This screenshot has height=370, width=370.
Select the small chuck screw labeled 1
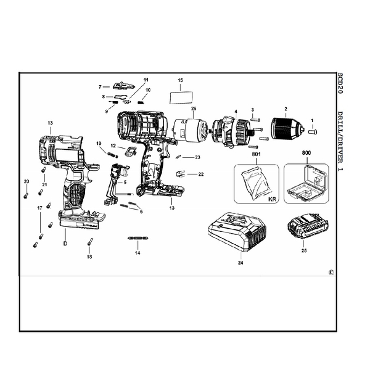[x=312, y=131]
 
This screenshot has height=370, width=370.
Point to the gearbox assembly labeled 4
[x=228, y=132]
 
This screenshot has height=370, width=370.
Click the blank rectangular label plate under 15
[x=180, y=97]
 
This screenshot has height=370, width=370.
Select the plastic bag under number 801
[x=254, y=183]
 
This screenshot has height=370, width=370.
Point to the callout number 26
[x=193, y=109]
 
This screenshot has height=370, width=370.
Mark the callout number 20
[x=27, y=181]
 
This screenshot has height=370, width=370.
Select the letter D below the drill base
[x=64, y=242]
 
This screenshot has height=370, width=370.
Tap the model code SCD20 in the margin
[x=340, y=83]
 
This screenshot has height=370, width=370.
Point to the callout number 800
[x=306, y=152]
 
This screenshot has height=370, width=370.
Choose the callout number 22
[x=201, y=175]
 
